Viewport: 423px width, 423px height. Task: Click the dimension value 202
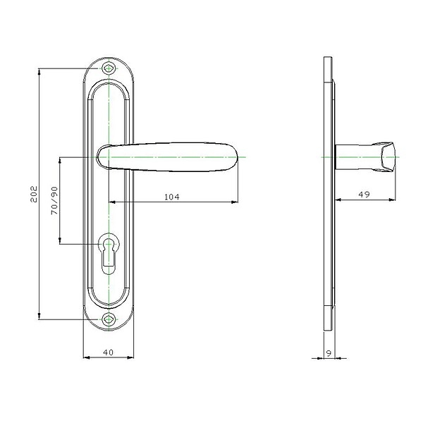pyautogui.click(x=34, y=194)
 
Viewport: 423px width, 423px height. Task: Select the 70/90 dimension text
pyautogui.click(x=54, y=200)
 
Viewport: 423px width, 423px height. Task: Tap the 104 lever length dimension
pyautogui.click(x=172, y=197)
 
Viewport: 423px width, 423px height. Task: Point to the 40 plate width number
pyautogui.click(x=108, y=352)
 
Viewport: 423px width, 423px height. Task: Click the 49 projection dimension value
pyautogui.click(x=364, y=195)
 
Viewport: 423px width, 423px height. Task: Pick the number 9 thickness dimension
pyautogui.click(x=329, y=353)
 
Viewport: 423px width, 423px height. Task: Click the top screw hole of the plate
pyautogui.click(x=109, y=68)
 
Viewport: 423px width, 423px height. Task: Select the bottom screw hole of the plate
pyautogui.click(x=109, y=319)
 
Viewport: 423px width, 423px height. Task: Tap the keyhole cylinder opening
pyautogui.click(x=109, y=254)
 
